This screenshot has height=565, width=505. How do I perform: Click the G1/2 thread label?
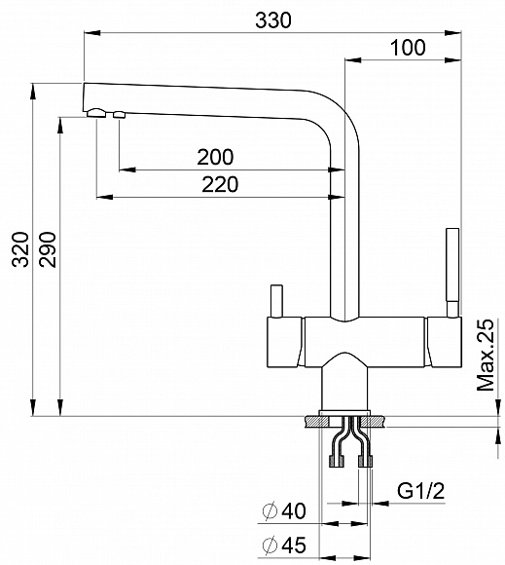tap(421, 491)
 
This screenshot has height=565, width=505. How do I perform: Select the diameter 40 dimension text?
tap(284, 509)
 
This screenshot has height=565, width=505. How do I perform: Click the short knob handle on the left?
tap(275, 303)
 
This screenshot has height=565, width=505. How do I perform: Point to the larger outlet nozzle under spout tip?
tap(96, 114)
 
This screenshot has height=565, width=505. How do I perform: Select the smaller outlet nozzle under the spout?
tap(121, 116)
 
